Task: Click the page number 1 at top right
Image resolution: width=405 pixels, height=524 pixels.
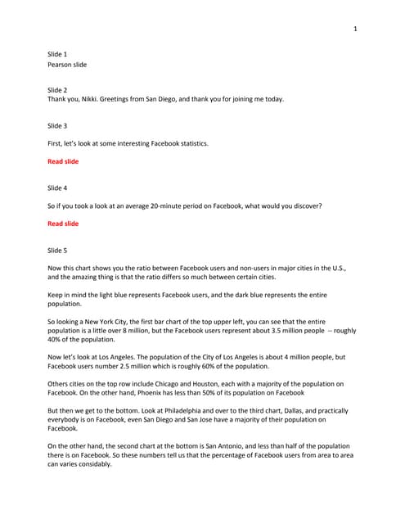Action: [x=355, y=29]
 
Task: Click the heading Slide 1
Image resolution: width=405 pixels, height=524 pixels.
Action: [x=57, y=54]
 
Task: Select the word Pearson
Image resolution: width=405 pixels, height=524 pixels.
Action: [x=61, y=64]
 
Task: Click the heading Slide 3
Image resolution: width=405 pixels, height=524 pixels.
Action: [x=57, y=125]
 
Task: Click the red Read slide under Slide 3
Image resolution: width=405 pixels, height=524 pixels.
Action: [x=63, y=161]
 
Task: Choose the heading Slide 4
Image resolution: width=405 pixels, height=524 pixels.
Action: [x=57, y=187]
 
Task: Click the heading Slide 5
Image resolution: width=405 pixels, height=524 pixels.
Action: [x=57, y=250]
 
